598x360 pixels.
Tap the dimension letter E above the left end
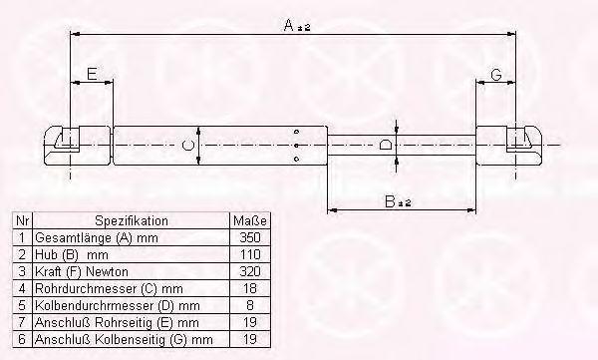92,74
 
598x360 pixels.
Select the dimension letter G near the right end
495,74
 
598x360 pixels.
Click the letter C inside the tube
187,146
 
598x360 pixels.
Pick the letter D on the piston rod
386,145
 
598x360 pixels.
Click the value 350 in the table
250,237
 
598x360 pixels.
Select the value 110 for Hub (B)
250,254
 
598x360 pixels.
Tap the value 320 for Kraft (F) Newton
250,271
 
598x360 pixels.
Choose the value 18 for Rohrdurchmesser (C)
250,288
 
